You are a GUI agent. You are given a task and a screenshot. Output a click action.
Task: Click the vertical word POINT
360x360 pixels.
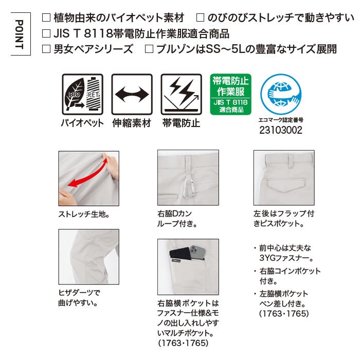click(20, 34)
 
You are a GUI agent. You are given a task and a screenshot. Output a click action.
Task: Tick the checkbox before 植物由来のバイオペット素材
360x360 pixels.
click(46, 17)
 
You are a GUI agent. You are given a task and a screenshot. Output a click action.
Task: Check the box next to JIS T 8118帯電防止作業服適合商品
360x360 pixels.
click(46, 33)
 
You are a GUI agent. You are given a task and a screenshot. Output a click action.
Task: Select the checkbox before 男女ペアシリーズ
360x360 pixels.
click(46, 49)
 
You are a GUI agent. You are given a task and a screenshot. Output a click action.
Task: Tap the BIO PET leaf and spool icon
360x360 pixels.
click(82, 94)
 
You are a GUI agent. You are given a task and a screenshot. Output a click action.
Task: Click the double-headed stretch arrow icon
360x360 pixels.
click(132, 94)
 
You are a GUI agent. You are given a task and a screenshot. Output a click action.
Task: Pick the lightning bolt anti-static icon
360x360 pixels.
click(182, 94)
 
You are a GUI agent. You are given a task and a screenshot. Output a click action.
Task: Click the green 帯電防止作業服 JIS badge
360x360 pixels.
click(230, 94)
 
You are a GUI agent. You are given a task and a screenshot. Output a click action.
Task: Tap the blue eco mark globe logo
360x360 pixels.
click(281, 94)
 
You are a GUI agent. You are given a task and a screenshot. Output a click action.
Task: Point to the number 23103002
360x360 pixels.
click(281, 130)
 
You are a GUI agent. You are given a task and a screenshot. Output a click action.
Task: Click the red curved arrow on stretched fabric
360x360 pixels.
click(88, 174)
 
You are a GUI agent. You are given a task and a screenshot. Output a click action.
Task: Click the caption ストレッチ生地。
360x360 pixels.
click(84, 214)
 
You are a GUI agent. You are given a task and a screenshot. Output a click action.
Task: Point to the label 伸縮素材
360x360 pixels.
click(132, 123)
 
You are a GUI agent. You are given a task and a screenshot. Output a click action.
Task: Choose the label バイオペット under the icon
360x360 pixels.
click(82, 123)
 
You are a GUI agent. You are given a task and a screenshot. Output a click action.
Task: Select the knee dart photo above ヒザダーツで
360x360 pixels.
click(89, 257)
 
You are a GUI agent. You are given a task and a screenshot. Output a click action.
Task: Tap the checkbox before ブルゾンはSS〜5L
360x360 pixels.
click(149, 49)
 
